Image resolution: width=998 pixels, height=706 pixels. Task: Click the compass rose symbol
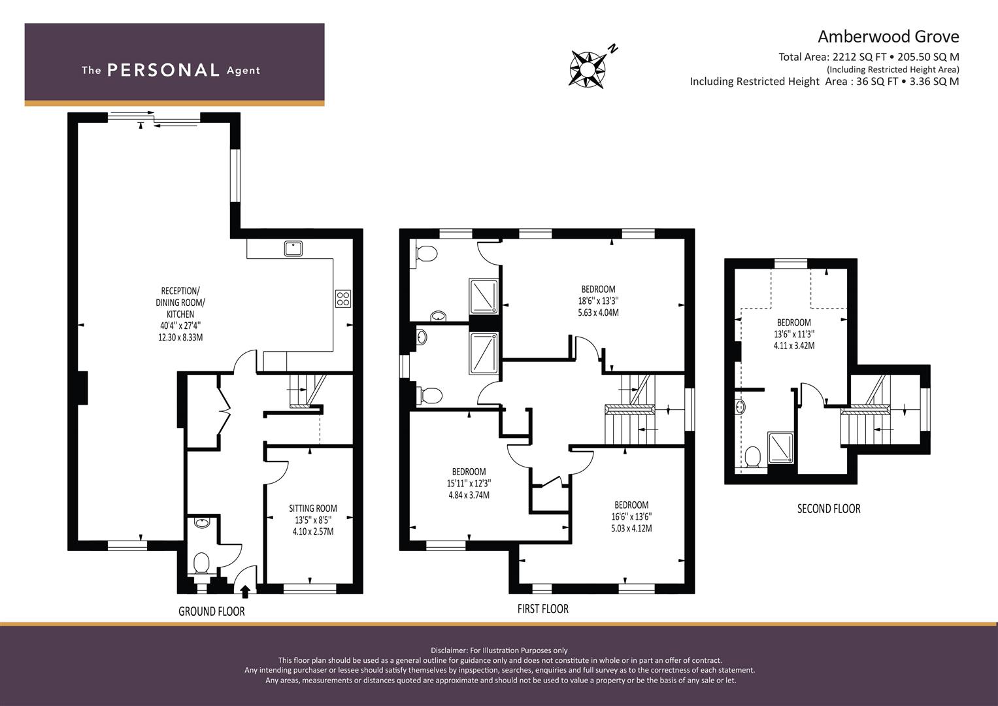coord(588,69)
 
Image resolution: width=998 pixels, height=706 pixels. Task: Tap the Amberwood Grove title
coord(888,37)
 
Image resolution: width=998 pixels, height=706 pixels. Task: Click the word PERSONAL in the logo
coord(163,70)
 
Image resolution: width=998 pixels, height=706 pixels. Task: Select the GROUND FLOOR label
coord(212,611)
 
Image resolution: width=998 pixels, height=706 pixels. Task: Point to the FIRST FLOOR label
coord(542,609)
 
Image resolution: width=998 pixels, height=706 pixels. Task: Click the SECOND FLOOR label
coord(829,509)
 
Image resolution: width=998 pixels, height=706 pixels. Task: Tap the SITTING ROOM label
coord(313,508)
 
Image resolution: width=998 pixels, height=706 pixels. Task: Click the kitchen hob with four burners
coord(343,299)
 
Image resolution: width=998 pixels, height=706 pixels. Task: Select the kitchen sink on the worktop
coord(293,248)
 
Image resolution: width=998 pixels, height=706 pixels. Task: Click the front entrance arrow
coord(244,592)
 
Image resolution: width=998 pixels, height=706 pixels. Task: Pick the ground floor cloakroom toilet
coord(201,563)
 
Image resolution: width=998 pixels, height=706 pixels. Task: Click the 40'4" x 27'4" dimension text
coord(180,326)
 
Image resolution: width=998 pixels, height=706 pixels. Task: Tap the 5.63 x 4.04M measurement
coord(599,312)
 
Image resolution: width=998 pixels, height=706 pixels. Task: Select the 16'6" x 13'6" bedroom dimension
coord(631,516)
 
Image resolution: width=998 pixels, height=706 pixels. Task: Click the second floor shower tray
coord(780,448)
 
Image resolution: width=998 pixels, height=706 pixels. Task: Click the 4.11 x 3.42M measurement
coord(794,345)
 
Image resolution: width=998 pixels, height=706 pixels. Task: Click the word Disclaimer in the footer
coord(449,650)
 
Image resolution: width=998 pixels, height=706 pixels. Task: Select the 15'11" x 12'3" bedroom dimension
coord(469,483)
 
